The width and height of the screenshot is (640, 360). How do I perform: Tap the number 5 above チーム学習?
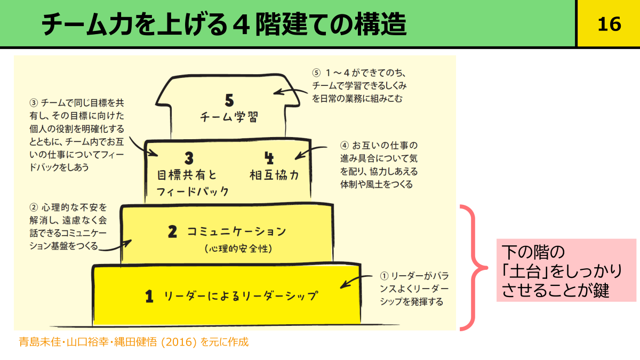pos(229,100)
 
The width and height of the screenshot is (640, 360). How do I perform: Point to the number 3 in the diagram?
pos(188,158)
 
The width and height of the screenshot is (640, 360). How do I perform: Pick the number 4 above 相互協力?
pos(268,157)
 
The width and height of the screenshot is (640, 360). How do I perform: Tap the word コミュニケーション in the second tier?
pos(236,231)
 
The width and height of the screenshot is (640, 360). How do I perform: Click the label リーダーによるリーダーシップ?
pos(241,295)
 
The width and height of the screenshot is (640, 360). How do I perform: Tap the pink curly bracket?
pos(474,267)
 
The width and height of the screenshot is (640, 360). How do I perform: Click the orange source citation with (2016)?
pos(133,342)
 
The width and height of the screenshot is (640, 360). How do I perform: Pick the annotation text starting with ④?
pos(379,165)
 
